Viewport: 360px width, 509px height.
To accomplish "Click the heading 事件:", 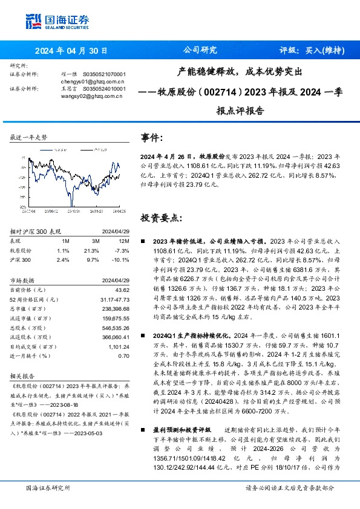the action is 151,138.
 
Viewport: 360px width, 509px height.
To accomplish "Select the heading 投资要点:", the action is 160,218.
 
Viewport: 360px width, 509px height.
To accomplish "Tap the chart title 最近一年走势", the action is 28,138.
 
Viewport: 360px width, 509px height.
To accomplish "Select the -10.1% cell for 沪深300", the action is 121,259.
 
